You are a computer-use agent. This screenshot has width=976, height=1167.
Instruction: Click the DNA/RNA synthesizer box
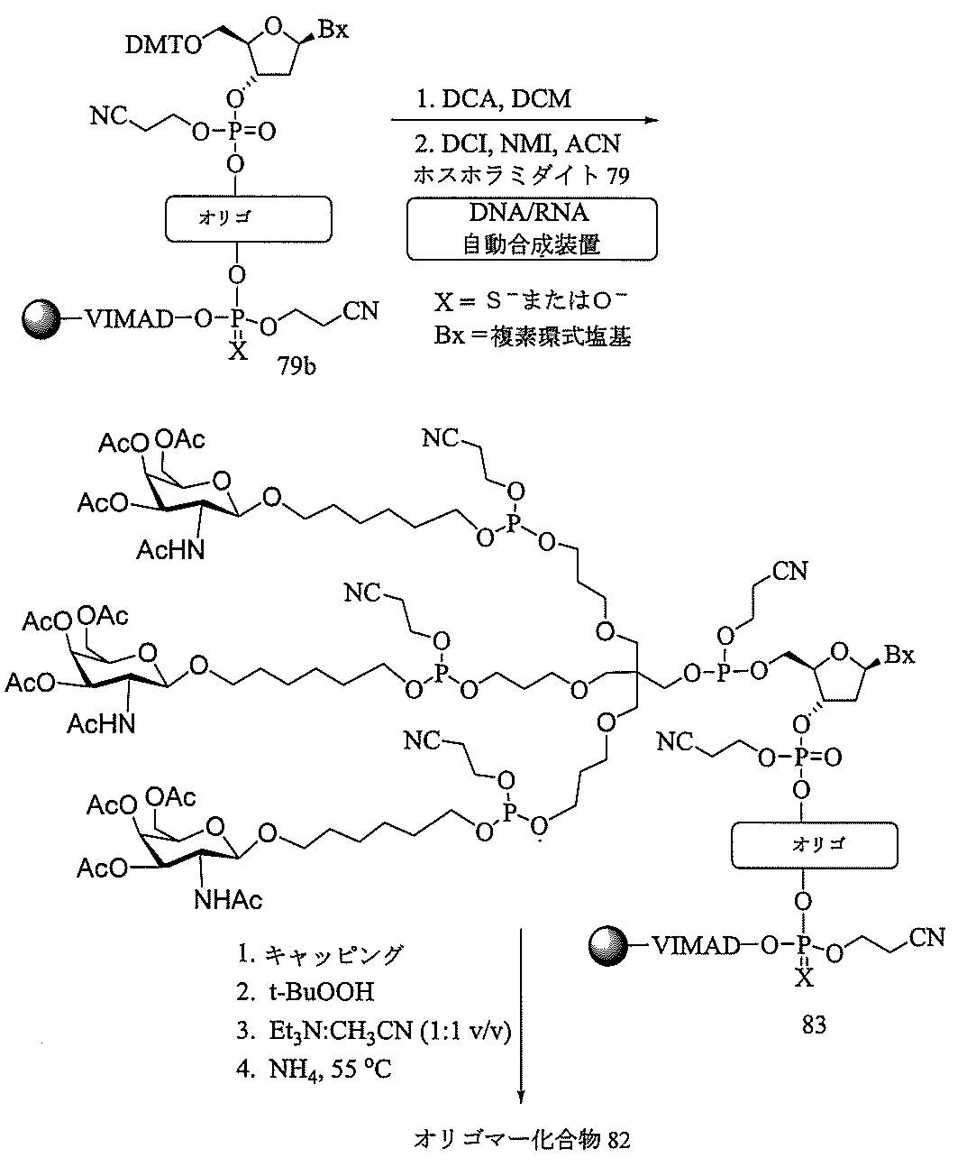coord(531,228)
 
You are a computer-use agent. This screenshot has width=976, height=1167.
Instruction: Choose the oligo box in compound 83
coord(804,844)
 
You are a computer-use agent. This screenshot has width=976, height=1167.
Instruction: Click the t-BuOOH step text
coord(318,992)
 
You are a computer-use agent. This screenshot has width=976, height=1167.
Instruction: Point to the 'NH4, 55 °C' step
coord(325,1070)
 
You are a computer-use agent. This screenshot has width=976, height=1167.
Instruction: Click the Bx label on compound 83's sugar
coord(898,656)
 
